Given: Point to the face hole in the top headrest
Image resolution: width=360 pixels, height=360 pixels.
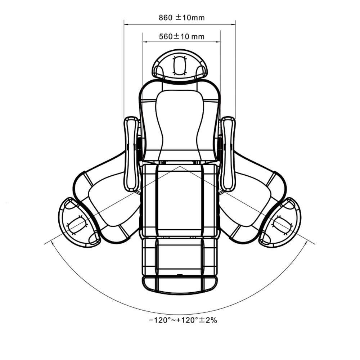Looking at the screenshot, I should pyautogui.click(x=179, y=66).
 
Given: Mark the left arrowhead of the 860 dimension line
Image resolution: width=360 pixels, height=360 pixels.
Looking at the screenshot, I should pyautogui.click(x=125, y=24).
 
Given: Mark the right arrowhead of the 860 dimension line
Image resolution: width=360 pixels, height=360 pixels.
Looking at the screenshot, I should pyautogui.click(x=234, y=24).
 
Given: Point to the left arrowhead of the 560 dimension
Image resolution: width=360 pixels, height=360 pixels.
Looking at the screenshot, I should pyautogui.click(x=144, y=42).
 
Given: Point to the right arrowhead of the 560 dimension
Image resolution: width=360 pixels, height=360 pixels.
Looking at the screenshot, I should pyautogui.click(x=219, y=42).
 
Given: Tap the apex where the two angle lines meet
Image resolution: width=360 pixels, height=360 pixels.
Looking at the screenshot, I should pyautogui.click(x=180, y=166).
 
